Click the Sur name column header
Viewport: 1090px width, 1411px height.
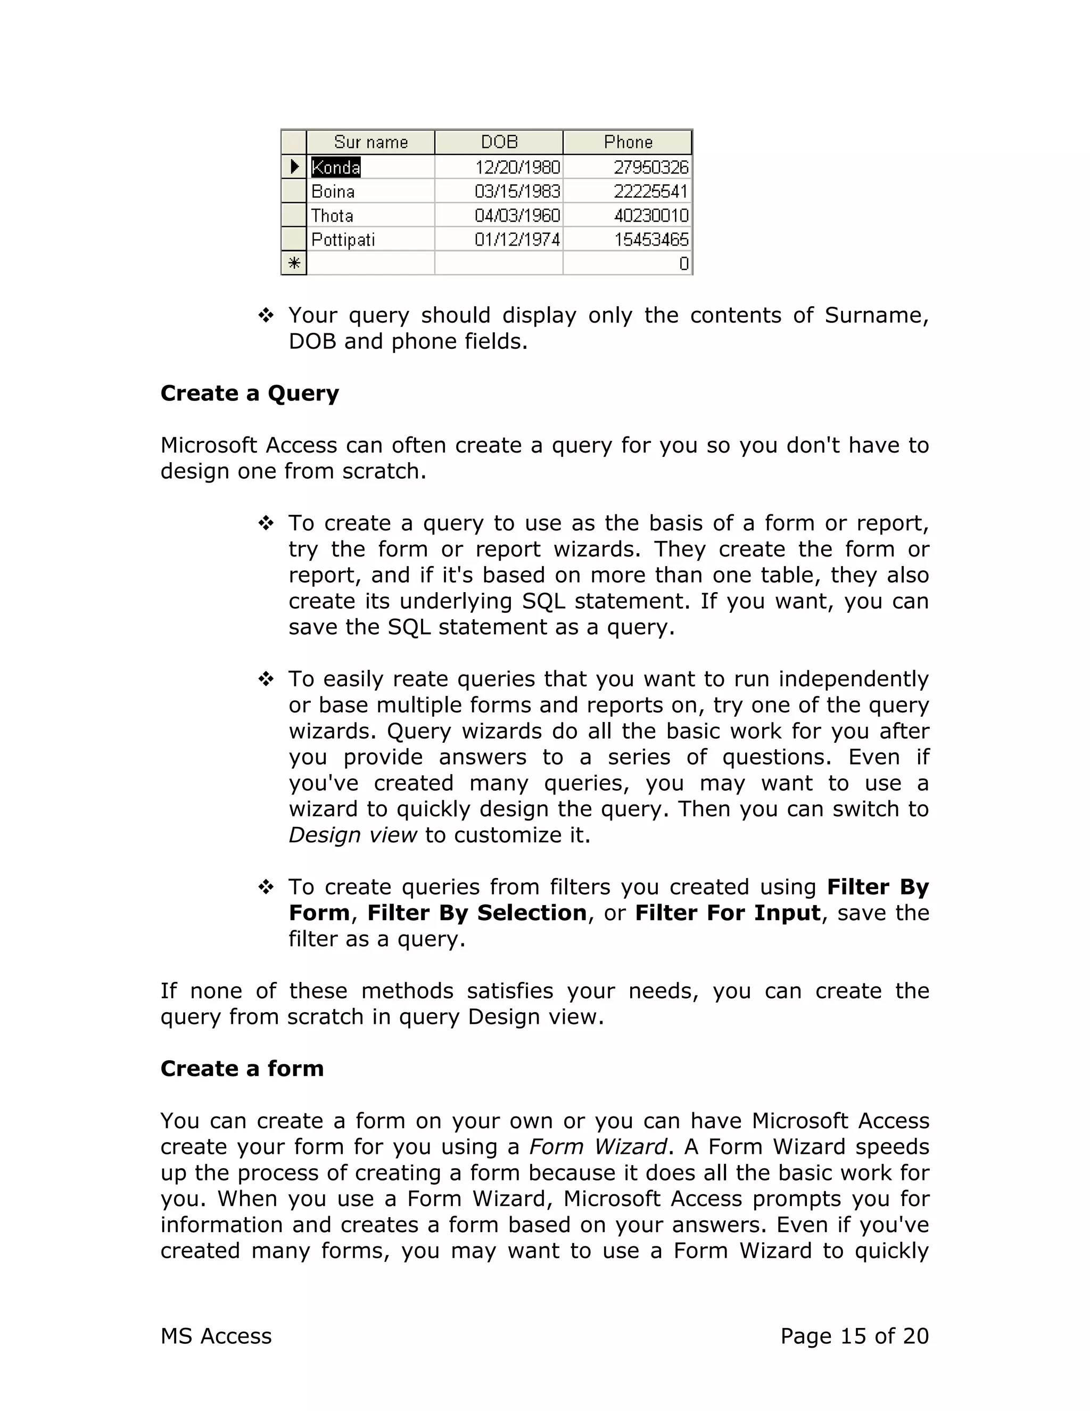(370, 142)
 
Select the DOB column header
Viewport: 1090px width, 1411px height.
(499, 142)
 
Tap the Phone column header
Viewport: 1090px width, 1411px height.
(627, 142)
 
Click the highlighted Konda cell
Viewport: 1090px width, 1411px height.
(336, 167)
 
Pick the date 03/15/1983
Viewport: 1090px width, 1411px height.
(517, 192)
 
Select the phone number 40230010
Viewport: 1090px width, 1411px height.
(651, 216)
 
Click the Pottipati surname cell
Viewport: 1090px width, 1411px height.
(343, 240)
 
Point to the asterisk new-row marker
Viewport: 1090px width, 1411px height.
(294, 264)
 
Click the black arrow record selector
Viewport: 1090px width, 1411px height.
(294, 167)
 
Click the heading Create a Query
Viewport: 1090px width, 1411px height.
(249, 393)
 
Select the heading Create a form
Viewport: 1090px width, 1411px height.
(242, 1069)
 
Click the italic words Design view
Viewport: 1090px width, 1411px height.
(352, 835)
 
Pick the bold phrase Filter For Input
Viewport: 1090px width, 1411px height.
(728, 913)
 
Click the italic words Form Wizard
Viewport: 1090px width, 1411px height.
(597, 1147)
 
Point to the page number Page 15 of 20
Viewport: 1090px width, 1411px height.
(854, 1336)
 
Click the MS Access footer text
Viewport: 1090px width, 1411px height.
(216, 1336)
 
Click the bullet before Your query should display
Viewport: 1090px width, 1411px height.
(266, 316)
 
